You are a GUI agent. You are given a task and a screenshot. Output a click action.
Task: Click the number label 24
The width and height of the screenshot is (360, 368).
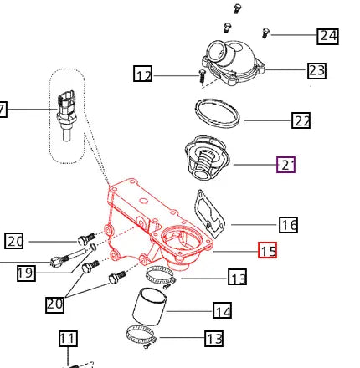pos(327,36)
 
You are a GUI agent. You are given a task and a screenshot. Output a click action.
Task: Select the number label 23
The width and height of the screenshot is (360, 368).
pos(316,70)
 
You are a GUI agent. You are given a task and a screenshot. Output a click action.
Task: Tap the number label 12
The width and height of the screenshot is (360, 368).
pos(144,75)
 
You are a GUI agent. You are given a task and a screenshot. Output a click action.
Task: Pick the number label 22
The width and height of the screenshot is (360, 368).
pos(301,120)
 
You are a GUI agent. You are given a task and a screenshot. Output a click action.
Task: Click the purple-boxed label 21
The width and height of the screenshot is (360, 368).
pos(286,165)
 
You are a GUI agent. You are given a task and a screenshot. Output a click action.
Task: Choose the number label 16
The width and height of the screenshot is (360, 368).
pos(289,224)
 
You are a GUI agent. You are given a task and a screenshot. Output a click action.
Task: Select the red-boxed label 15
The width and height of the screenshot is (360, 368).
pos(267,250)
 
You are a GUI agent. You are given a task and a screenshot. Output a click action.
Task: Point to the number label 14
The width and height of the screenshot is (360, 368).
pos(222,311)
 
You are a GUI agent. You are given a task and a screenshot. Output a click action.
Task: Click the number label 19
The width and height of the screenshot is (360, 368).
pos(25,272)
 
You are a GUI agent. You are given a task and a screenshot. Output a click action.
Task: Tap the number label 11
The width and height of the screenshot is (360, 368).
pos(68,339)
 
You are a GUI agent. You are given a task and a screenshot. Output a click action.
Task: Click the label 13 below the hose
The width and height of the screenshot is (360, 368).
pos(214,339)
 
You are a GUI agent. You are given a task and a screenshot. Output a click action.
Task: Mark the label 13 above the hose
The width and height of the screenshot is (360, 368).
pos(238,278)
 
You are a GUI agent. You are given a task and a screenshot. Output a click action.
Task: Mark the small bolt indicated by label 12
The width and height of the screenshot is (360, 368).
pos(202,78)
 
